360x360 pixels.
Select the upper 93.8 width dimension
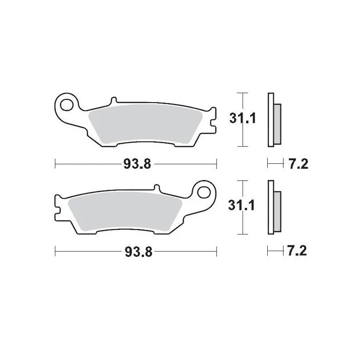136,165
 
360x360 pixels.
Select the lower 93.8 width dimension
136,252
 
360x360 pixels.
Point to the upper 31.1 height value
243,119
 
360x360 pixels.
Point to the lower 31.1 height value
243,206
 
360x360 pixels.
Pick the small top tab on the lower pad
157,188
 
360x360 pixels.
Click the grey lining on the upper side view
277,124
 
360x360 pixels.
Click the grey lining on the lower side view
277,211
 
